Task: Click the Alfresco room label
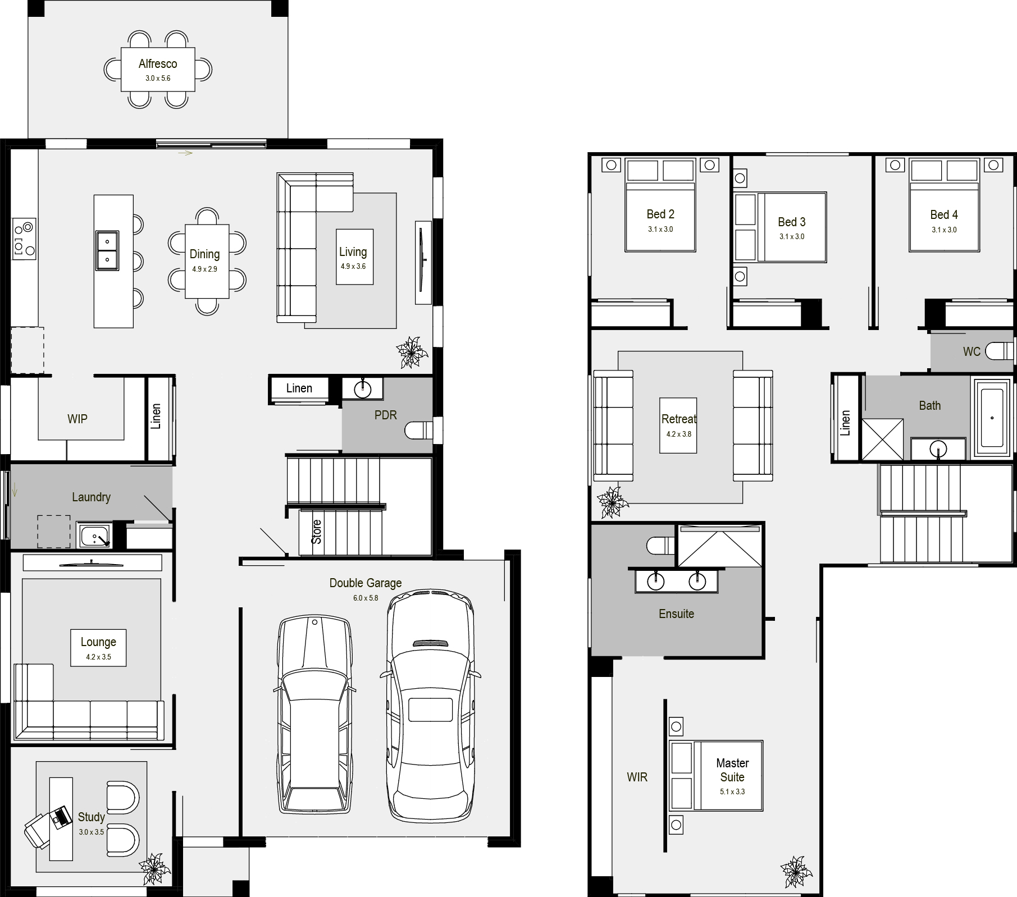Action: pos(158,64)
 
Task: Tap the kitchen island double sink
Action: pos(107,250)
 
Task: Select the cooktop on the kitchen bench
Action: pos(24,238)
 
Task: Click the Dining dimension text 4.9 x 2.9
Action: pos(204,269)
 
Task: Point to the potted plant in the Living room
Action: pos(412,353)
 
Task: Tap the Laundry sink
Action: pos(94,536)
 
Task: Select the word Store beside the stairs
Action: pos(317,532)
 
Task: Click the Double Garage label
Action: pos(366,583)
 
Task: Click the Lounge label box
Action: pos(98,648)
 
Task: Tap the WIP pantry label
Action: pos(77,419)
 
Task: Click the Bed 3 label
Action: pos(792,222)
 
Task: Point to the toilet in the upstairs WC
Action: pos(1000,351)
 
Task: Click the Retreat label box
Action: pos(678,425)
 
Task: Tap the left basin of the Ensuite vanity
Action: pos(655,580)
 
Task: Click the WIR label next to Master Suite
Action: pos(637,777)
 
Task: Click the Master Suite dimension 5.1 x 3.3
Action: pos(732,791)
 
